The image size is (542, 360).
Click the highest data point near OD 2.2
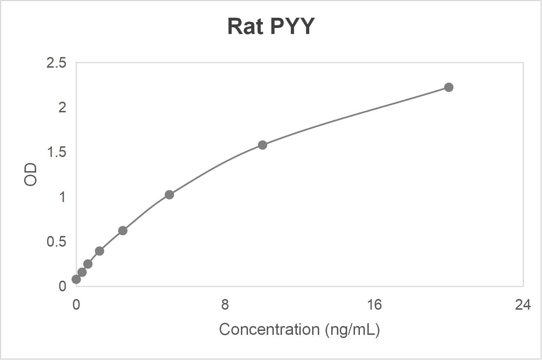point(448,87)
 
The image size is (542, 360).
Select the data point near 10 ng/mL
point(262,145)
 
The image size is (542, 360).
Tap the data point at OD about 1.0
point(169,195)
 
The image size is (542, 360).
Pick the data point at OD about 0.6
point(123,231)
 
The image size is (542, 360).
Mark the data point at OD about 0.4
point(100,251)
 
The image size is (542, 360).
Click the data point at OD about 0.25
point(88,264)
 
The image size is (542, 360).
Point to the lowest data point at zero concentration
point(76,279)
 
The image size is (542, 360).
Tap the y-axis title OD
point(30,174)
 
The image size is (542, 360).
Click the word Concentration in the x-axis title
point(269,330)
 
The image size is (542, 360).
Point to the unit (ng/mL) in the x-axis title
point(352,330)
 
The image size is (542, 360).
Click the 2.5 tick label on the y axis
point(56,63)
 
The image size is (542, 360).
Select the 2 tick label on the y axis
point(62,107)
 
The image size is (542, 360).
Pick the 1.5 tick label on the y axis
point(56,152)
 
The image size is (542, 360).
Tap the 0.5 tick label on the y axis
point(56,242)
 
